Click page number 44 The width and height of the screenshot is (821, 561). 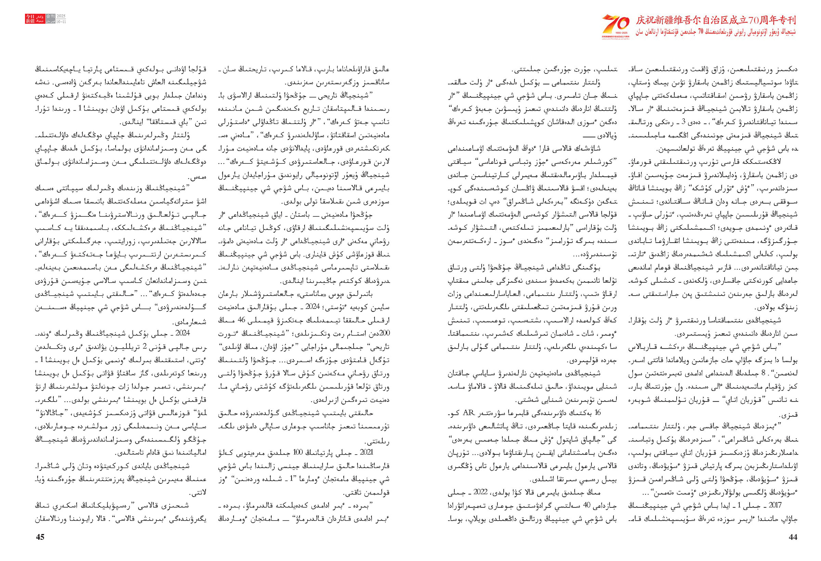click(x=793, y=537)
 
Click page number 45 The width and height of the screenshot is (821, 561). click(x=40, y=537)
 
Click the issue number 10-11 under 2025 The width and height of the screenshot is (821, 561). click(x=61, y=22)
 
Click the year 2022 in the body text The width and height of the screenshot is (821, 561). click(x=480, y=493)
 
